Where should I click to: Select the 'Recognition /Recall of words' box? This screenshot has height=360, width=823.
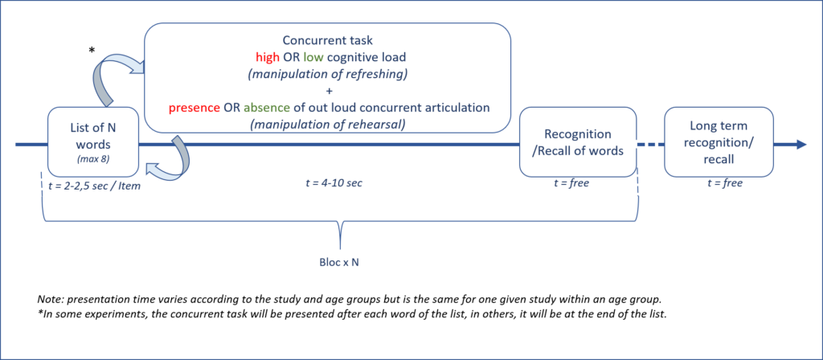coord(578,141)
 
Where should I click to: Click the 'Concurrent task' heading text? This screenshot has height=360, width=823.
coord(327,40)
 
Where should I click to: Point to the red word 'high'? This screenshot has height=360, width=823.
coord(268,58)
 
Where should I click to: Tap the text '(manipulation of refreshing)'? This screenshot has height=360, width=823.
coord(327,74)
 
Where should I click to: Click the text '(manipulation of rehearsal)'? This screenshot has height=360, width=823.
coord(327,125)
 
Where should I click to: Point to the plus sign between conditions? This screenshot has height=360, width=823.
coord(327,91)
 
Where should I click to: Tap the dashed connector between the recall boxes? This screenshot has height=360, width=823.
coord(649,145)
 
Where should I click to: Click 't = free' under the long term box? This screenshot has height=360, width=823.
coord(724,184)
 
